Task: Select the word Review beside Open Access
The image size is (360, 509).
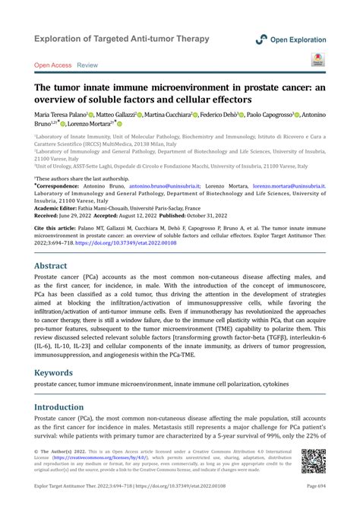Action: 87,65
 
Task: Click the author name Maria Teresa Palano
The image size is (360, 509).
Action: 58,114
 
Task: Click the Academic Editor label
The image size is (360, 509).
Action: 58,206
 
